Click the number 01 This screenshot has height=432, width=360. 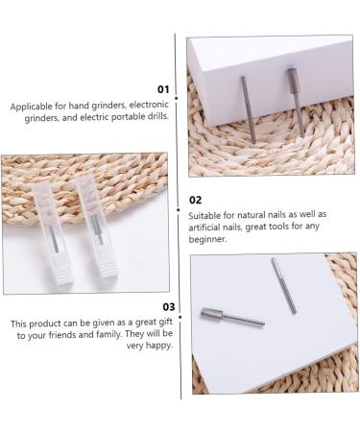tap(163, 89)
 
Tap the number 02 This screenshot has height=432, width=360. tap(196, 200)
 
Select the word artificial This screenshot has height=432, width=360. tap(208, 228)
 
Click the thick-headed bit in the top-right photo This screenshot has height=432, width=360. tap(295, 100)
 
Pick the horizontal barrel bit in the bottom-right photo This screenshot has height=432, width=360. tap(230, 316)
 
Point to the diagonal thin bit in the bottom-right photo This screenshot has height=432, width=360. tap(284, 285)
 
